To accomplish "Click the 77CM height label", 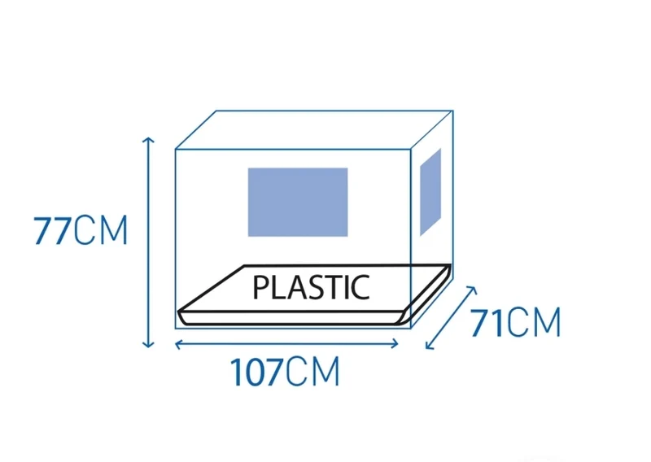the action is [x=81, y=230].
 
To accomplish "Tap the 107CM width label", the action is [x=286, y=372].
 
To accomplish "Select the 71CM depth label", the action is [x=515, y=322].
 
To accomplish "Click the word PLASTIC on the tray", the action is [x=311, y=287].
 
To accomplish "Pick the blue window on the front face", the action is [x=298, y=203].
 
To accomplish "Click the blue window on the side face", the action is [x=430, y=192].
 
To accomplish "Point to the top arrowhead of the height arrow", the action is [x=148, y=138].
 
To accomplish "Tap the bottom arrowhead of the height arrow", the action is [x=148, y=345].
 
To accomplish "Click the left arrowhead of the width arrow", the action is [x=177, y=344].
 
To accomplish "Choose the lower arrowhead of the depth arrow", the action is [x=428, y=347].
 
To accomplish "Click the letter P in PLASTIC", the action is [x=260, y=287].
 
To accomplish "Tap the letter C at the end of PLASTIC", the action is [x=360, y=287].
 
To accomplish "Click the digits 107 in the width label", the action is [x=257, y=372].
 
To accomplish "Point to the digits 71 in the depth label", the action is [x=487, y=322].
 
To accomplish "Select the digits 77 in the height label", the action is [x=52, y=230].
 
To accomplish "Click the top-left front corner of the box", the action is [x=175, y=149].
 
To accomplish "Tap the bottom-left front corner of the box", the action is [x=175, y=329].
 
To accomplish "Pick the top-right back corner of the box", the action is [x=453, y=111].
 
